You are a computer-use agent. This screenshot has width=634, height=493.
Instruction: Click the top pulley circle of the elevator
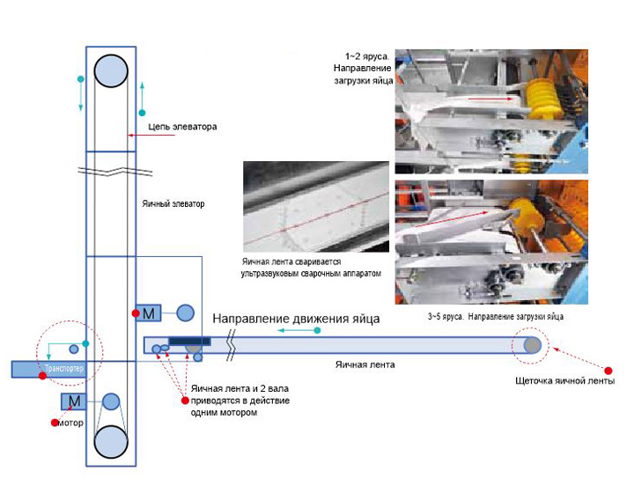(x=111, y=70)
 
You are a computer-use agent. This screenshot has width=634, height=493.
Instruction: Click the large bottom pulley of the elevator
(x=111, y=441)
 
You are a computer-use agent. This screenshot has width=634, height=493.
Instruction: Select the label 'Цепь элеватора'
(x=182, y=127)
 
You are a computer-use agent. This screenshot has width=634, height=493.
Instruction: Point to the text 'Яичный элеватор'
(x=173, y=203)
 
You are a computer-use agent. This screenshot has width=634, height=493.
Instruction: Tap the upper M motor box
(x=150, y=313)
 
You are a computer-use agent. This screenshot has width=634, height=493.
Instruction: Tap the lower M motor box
(x=73, y=401)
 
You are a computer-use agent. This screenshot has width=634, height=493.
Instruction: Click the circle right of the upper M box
(x=185, y=313)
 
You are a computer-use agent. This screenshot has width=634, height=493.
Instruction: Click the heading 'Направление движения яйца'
(x=297, y=319)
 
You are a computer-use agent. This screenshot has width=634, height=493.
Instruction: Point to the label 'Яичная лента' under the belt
(x=365, y=363)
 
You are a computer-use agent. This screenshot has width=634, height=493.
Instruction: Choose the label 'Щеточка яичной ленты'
(x=564, y=381)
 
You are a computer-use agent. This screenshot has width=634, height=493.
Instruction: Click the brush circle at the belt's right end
(x=533, y=345)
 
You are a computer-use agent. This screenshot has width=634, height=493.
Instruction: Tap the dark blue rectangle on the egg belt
(x=188, y=341)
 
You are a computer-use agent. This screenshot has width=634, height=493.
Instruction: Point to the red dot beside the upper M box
(x=135, y=313)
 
